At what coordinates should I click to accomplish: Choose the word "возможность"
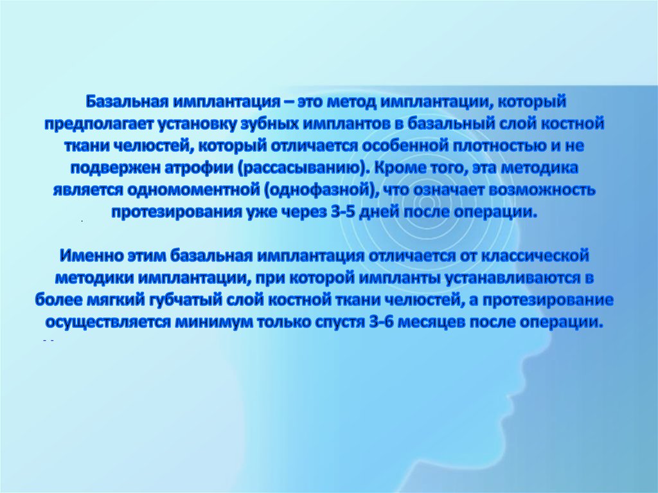pyautogui.click(x=544, y=191)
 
